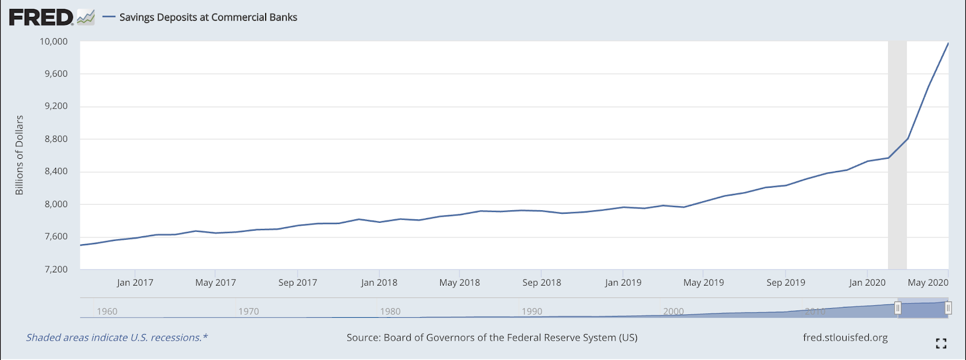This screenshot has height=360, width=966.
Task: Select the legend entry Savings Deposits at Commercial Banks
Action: (208, 18)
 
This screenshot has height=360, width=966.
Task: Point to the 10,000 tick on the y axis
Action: (54, 42)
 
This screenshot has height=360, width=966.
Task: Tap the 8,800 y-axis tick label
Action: (56, 139)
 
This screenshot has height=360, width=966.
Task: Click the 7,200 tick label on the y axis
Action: (56, 269)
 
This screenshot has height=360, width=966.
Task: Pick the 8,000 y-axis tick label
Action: (56, 204)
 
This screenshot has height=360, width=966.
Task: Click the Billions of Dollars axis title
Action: (19, 155)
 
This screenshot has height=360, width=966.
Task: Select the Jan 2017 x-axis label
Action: (135, 283)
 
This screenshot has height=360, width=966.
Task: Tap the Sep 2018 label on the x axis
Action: (542, 283)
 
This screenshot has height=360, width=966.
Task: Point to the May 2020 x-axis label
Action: (928, 283)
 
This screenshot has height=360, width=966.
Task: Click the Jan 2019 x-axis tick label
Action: (623, 283)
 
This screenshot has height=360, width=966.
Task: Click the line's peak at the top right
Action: (948, 43)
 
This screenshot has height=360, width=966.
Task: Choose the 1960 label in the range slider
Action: (107, 312)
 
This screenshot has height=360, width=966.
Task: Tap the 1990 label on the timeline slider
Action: (532, 312)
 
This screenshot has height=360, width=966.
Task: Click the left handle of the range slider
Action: (898, 309)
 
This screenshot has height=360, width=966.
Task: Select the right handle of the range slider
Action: (948, 309)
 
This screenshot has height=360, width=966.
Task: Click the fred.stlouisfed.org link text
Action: (845, 338)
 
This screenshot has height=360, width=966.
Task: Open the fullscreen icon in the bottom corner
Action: (941, 344)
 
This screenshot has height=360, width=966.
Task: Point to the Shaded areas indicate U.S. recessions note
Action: (117, 338)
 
